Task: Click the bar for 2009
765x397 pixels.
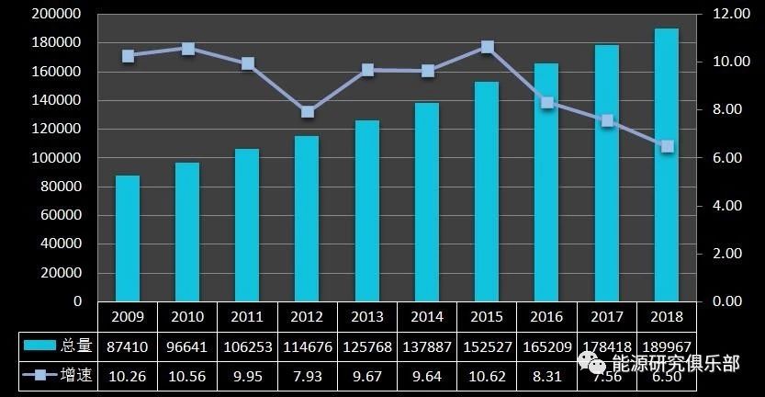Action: click(128, 238)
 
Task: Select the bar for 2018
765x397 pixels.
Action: click(667, 165)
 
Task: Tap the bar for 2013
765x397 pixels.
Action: click(367, 210)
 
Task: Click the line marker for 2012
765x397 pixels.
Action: click(308, 112)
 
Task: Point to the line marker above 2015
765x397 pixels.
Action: click(488, 47)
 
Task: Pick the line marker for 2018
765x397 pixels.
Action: click(668, 146)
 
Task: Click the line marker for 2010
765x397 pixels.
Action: click(188, 49)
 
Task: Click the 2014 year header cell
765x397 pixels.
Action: click(427, 316)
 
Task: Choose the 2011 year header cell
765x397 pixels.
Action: click(248, 316)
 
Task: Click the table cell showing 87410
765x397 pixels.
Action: click(128, 346)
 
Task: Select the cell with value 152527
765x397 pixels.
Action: click(487, 346)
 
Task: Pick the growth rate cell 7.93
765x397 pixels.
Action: click(308, 376)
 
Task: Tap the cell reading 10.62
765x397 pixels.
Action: click(487, 376)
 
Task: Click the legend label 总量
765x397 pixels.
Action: click(75, 346)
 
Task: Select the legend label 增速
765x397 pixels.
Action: click(75, 376)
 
